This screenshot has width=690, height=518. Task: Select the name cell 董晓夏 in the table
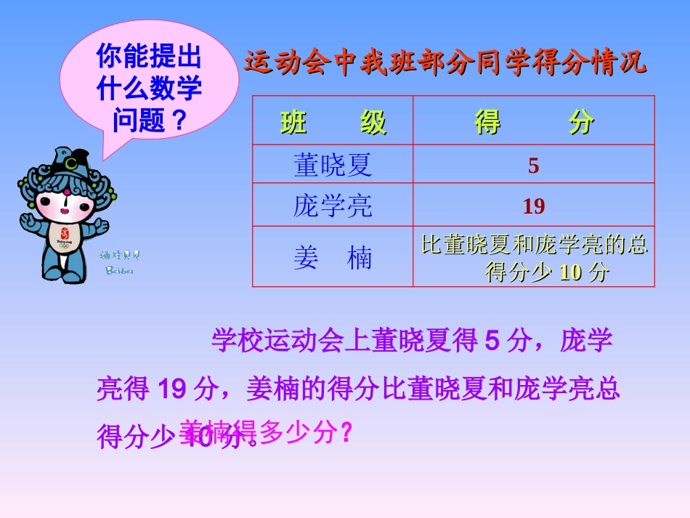pos(333,166)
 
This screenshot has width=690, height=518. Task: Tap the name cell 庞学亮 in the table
pos(333,206)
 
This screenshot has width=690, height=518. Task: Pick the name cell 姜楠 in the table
pos(333,258)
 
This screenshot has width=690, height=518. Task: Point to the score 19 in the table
pos(534,207)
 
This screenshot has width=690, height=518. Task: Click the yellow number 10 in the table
pos(572,273)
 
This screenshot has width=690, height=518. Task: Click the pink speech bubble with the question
pos(149,80)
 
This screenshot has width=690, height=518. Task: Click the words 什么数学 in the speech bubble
pos(149,89)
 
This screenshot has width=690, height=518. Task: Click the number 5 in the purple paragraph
pos(492,341)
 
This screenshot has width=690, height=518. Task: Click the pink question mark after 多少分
pos(346,433)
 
